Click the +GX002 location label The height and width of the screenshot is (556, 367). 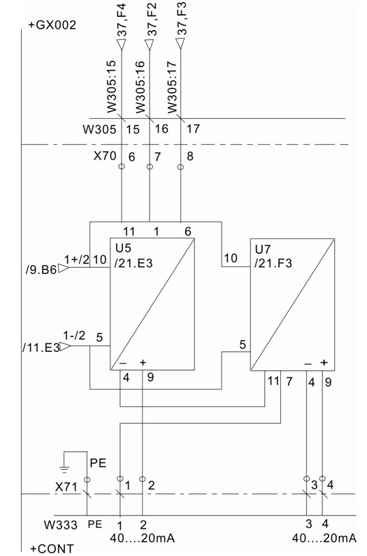[52, 25]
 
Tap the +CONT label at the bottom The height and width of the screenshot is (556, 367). [52, 549]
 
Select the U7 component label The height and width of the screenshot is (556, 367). [263, 250]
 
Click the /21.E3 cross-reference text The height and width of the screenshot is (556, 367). [133, 263]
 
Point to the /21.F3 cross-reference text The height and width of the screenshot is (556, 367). [273, 263]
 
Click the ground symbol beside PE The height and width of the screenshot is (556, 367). [64, 469]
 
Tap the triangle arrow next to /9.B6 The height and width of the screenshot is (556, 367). [63, 269]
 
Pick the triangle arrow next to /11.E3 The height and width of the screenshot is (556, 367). [65, 346]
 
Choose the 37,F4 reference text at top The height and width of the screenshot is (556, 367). [122, 20]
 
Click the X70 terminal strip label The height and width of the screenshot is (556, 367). [105, 156]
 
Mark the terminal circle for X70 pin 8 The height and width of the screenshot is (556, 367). [180, 166]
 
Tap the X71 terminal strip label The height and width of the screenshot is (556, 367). [66, 487]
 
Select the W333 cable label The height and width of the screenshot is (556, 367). [61, 525]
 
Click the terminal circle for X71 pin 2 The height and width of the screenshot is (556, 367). [142, 479]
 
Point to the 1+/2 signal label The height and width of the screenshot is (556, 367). [77, 259]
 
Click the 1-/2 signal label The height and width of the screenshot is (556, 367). [74, 336]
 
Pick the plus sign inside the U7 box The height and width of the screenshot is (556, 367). [324, 362]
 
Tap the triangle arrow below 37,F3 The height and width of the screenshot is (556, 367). [180, 43]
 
